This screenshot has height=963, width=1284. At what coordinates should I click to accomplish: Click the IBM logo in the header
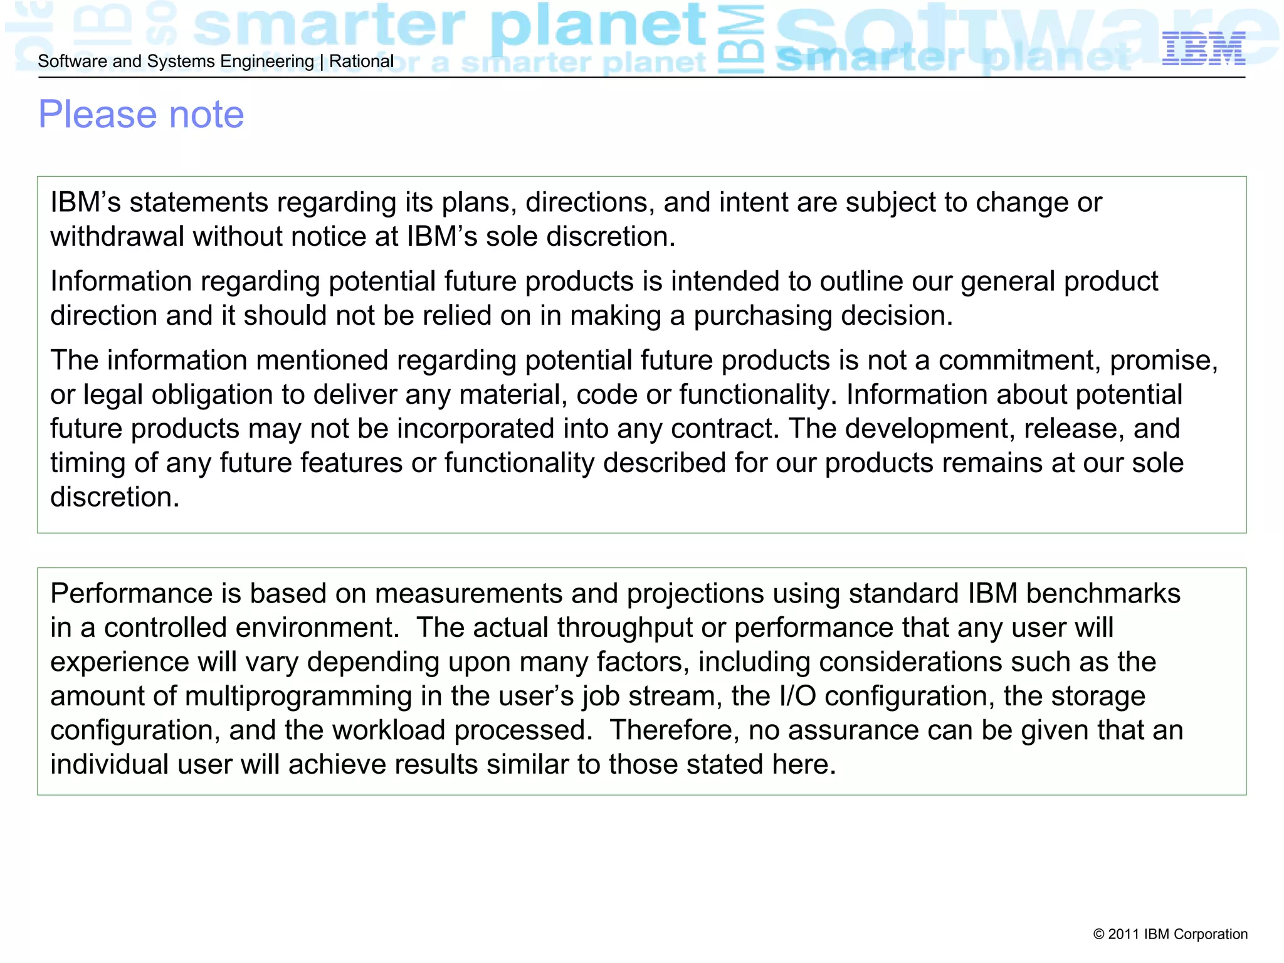pos(1203,49)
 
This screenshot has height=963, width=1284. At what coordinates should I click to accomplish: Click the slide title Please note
pos(141,115)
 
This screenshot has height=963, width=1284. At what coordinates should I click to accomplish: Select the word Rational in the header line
pos(361,61)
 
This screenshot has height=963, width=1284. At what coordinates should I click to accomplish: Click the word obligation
pos(211,395)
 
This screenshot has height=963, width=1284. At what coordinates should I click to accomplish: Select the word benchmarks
pos(1103,594)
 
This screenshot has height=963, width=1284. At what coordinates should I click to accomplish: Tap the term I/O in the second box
pos(797,697)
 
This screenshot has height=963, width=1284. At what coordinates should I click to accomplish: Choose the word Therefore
pos(674,730)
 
